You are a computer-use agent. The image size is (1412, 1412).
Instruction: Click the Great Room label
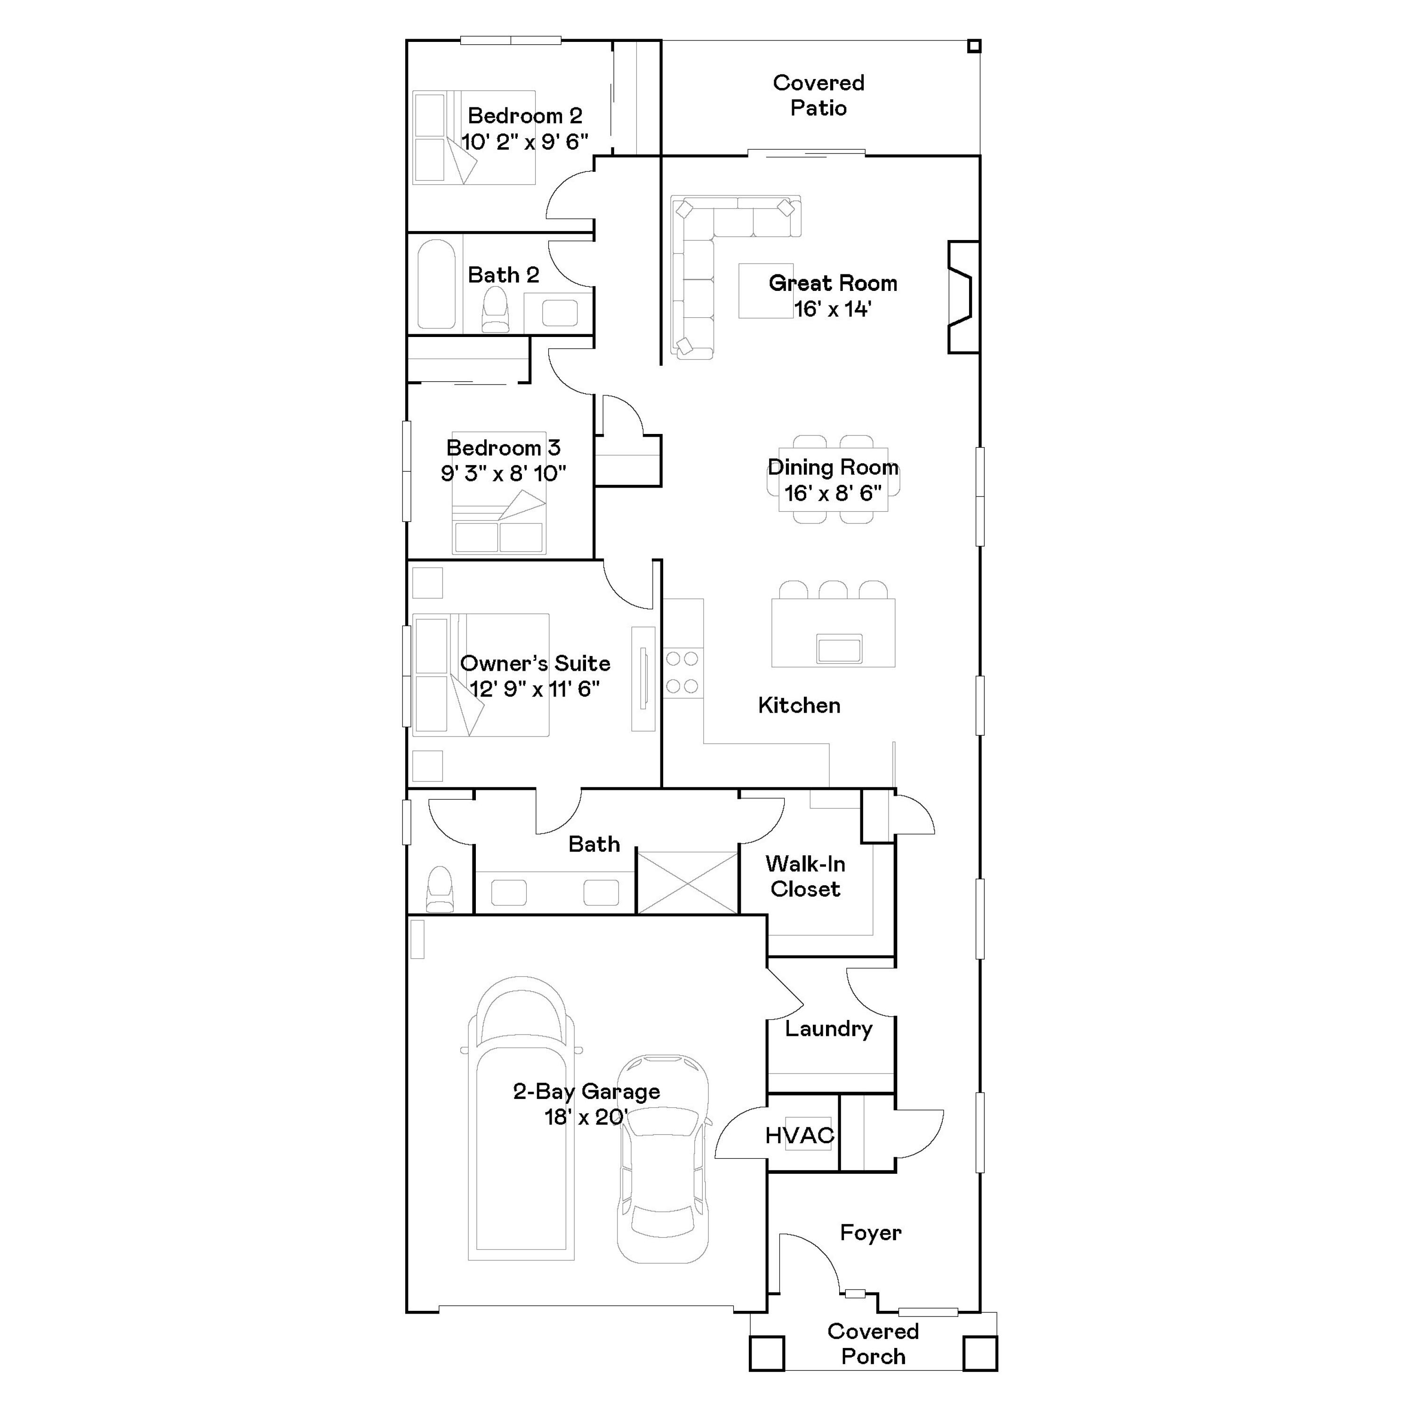pos(833,283)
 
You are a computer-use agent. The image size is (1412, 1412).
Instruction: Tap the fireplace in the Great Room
pos(962,297)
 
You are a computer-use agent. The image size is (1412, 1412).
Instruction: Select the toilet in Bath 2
pos(496,309)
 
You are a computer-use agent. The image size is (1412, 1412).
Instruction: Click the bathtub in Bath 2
pos(436,284)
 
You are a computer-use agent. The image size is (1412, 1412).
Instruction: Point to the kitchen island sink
pos(839,648)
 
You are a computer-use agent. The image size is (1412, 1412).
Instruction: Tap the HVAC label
pos(800,1135)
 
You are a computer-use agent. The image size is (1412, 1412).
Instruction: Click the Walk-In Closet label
pos(805,876)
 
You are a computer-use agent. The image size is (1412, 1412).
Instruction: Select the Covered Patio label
pos(818,96)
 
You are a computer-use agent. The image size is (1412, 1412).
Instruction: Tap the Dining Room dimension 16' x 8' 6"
pos(833,493)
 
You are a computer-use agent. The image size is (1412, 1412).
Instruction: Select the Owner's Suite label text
pos(535,664)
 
